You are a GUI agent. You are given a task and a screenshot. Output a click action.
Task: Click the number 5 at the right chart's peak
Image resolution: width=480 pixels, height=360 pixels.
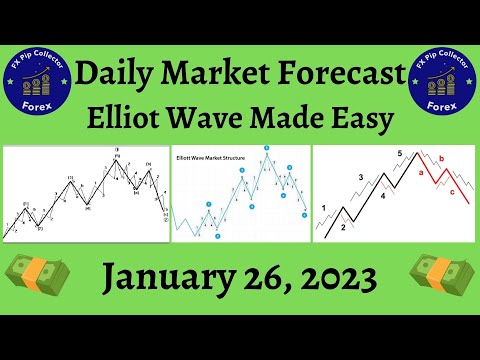[399, 154]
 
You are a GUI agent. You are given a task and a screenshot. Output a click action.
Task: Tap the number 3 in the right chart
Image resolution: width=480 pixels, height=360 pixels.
[362, 178]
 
